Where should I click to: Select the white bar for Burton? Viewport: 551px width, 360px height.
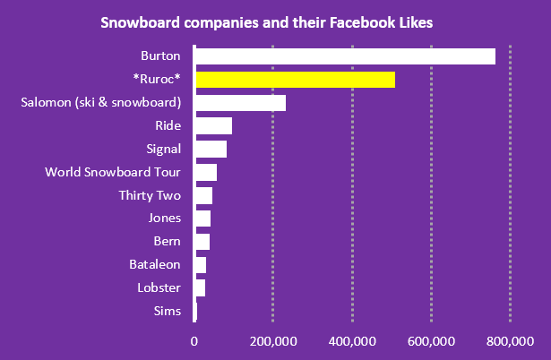(345, 56)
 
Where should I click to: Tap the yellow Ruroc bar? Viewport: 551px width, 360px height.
(295, 80)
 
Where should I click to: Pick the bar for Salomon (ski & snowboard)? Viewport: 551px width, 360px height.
(240, 102)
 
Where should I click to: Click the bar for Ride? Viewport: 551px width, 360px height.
(213, 125)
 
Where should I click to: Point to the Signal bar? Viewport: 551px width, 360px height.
(211, 149)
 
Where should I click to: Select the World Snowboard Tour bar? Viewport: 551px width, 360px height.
(205, 172)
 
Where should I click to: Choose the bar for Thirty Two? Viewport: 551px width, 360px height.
(203, 195)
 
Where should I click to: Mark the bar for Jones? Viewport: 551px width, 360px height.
(202, 219)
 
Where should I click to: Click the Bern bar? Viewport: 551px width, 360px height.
(202, 242)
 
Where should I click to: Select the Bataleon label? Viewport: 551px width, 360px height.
(155, 264)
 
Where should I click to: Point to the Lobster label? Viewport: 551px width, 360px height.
(159, 287)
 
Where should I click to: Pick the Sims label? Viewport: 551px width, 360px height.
(168, 311)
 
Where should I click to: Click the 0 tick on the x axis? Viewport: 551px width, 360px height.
(194, 340)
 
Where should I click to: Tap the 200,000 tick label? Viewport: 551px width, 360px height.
(273, 340)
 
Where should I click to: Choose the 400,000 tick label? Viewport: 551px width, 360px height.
(352, 340)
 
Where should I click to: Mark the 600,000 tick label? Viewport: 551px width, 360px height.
(431, 340)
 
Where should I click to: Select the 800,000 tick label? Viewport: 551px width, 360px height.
(510, 340)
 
